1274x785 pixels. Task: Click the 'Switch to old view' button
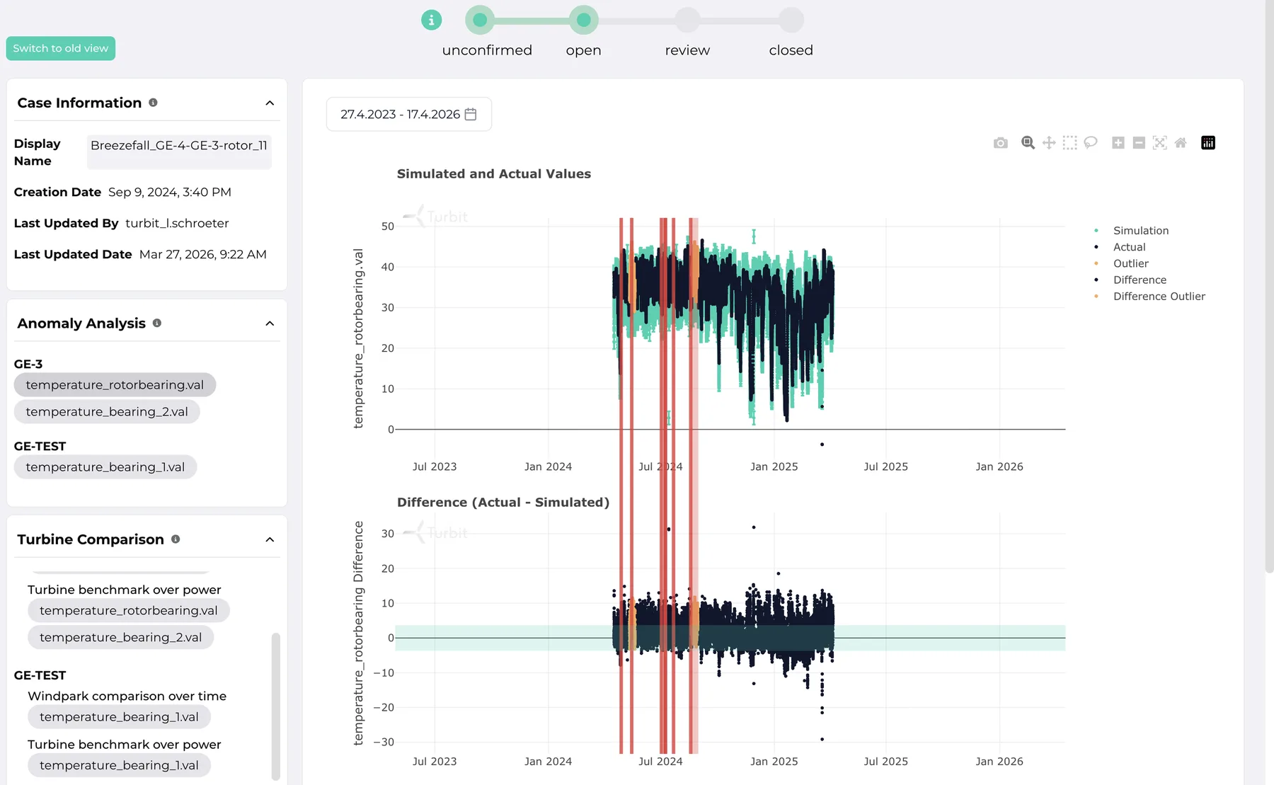(60, 48)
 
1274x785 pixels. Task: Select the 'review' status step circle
(687, 20)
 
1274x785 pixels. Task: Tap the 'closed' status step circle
(791, 20)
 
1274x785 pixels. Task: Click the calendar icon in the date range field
(471, 114)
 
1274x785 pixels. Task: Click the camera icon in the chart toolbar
(1000, 143)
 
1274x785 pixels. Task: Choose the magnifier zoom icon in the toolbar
(1028, 143)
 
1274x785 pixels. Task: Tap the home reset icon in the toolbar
(1181, 143)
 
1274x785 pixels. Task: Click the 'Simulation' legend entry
(1140, 231)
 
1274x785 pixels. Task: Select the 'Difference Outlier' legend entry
(1159, 297)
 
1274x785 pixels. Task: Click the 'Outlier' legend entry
(1130, 263)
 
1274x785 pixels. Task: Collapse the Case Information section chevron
(270, 103)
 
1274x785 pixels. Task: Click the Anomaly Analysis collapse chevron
(270, 323)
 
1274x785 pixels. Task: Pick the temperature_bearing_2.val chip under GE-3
(107, 412)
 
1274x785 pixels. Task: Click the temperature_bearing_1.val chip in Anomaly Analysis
(105, 467)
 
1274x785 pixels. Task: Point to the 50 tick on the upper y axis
(387, 227)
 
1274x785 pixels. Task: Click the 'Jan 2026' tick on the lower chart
(999, 762)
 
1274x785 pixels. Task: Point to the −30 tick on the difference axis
(384, 742)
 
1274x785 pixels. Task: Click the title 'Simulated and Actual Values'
(494, 174)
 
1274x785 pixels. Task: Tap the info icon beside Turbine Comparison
(176, 539)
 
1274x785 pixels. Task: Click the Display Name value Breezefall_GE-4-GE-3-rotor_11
(179, 145)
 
